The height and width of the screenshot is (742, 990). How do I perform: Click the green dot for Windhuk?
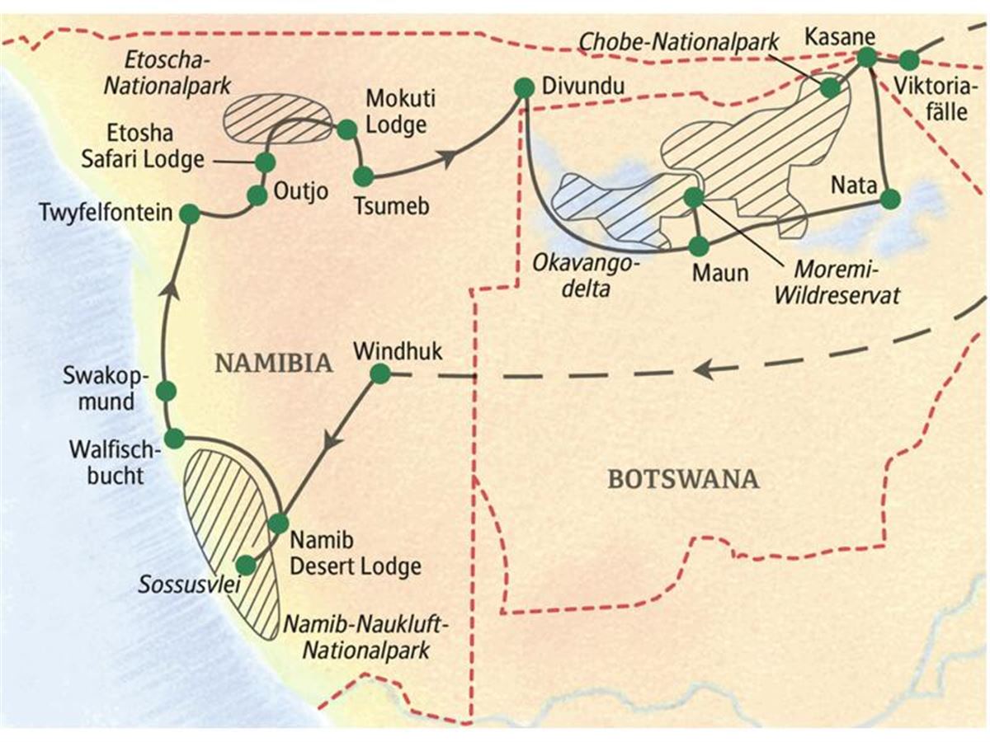pyautogui.click(x=380, y=374)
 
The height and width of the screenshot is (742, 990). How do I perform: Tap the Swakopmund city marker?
pyautogui.click(x=166, y=391)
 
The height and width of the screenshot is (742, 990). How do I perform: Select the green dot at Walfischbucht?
pyautogui.click(x=175, y=439)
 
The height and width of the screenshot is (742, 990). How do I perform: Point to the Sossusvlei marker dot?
pyautogui.click(x=246, y=565)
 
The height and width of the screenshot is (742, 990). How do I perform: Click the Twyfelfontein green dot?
pyautogui.click(x=190, y=214)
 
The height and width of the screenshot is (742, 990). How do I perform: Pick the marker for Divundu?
pyautogui.click(x=524, y=88)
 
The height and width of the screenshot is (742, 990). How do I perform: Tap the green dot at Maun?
pyautogui.click(x=699, y=246)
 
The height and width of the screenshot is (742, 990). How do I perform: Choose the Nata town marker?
pyautogui.click(x=890, y=199)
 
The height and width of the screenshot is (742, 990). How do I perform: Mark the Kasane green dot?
pyautogui.click(x=866, y=57)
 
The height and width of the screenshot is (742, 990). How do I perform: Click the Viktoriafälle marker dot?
pyautogui.click(x=909, y=60)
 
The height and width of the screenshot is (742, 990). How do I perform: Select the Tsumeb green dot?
pyautogui.click(x=364, y=176)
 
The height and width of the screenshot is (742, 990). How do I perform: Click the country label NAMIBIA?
pyautogui.click(x=274, y=364)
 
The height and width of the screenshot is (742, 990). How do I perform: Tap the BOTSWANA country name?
pyautogui.click(x=684, y=479)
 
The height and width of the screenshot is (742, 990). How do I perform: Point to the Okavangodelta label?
pyautogui.click(x=586, y=277)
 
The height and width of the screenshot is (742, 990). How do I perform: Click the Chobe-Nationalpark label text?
pyautogui.click(x=679, y=43)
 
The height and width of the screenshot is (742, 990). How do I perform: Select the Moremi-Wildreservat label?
pyautogui.click(x=837, y=283)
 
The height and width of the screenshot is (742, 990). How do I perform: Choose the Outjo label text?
pyautogui.click(x=301, y=192)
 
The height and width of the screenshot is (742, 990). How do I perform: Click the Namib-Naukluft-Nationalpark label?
pyautogui.click(x=365, y=638)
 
